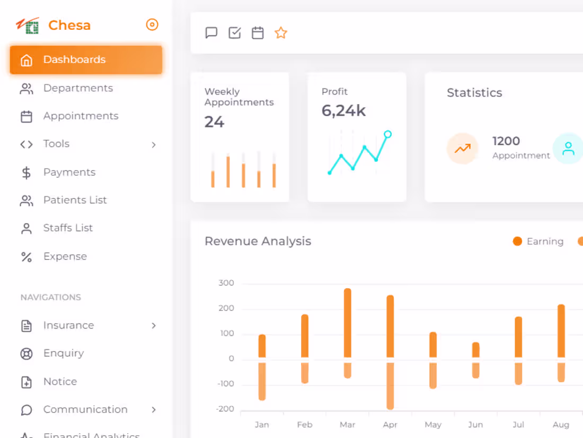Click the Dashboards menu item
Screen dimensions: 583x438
86,59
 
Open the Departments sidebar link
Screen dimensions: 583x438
78,88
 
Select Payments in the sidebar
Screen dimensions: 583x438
69,172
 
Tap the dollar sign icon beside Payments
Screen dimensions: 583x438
26,173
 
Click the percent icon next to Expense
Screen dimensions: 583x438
26,257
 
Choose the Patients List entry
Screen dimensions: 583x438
75,200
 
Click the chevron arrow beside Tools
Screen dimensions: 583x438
154,144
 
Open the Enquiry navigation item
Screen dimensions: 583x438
64,353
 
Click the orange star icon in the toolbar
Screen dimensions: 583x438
281,33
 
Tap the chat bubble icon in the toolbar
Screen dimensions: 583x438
211,33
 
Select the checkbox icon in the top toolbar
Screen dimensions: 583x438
235,33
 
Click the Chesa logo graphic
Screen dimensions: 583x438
28,25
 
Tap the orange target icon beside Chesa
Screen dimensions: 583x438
152,24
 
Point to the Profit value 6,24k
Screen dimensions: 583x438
343,110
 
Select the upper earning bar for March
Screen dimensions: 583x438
348,323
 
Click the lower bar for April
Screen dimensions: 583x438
390,386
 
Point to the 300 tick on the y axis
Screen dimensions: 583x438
226,283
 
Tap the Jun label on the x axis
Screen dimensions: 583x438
475,425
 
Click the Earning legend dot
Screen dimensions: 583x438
517,242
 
